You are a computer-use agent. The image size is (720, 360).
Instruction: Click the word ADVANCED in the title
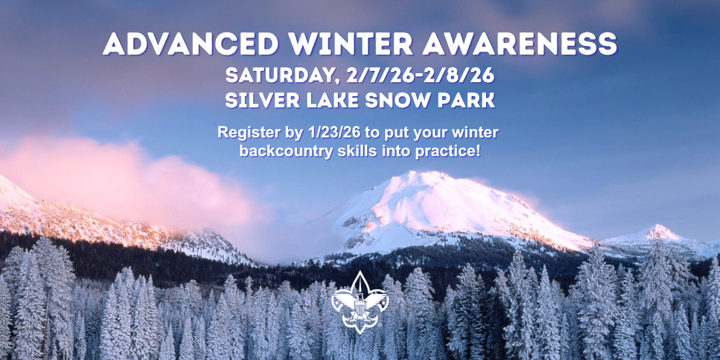[x=191, y=44]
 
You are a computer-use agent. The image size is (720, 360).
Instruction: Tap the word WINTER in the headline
[x=351, y=44]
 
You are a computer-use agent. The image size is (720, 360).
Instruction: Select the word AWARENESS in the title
[x=520, y=44]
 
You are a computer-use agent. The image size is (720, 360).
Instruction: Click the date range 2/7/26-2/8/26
[x=420, y=76]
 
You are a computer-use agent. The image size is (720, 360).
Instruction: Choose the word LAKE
[x=332, y=100]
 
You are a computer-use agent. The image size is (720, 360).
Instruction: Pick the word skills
[x=358, y=151]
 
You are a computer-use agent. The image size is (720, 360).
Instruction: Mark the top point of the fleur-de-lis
[x=360, y=271]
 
